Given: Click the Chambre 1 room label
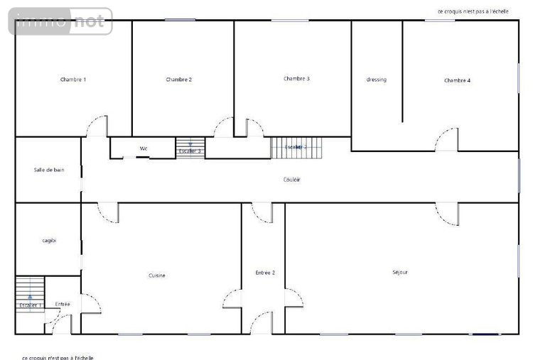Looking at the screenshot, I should [73, 80].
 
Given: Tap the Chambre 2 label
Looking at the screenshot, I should [178, 80].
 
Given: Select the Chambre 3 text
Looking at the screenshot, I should [296, 78].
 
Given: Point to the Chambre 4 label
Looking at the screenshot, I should [457, 80].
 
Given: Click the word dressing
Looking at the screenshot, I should [377, 80].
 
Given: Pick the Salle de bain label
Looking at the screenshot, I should [48, 170].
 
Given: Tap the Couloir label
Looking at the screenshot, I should [291, 180].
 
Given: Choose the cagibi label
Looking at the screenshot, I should [48, 241].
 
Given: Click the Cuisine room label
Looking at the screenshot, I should [157, 275].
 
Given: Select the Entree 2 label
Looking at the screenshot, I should [265, 273].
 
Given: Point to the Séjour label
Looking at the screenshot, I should [400, 272].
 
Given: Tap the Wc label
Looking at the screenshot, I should [143, 148].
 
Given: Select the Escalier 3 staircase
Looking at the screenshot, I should [190, 148].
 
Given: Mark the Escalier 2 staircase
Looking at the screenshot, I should [296, 147].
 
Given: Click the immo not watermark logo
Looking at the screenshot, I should [61, 22].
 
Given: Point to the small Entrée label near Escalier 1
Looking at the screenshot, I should [63, 304].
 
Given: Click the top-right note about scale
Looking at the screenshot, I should [473, 11].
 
